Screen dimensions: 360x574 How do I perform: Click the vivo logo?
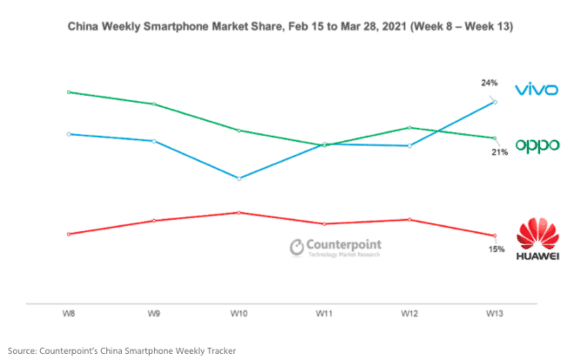coord(535,90)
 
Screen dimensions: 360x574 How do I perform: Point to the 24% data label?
coord(489,83)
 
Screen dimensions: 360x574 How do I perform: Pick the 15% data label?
coord(496,249)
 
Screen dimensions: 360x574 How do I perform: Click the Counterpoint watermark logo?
coord(334,247)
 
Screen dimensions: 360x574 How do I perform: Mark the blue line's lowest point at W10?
coord(238,177)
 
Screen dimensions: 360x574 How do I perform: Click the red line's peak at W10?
coord(238,212)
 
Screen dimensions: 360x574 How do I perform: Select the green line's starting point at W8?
coord(68,91)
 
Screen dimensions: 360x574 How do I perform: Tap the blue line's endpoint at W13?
coord(494,102)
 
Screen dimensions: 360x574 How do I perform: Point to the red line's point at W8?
coord(68,234)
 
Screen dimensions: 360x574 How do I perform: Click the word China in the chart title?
coord(83,28)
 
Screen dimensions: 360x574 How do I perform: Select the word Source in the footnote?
coord(25,350)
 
